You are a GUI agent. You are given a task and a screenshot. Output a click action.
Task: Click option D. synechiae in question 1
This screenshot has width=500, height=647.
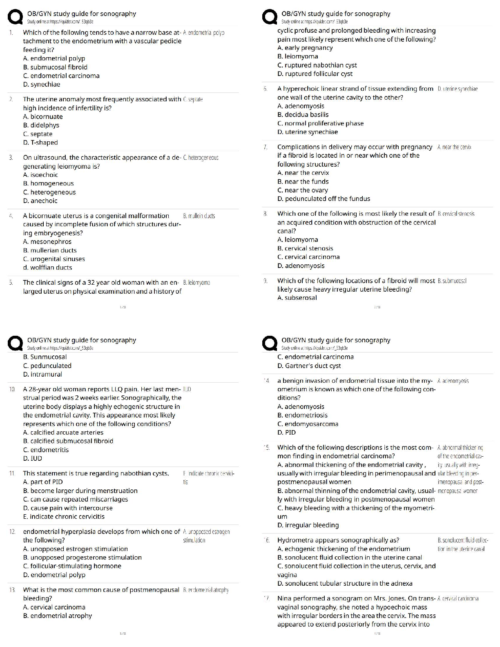coord(42,85)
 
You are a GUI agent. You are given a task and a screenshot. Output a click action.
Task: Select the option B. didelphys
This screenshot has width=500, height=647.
coord(41,125)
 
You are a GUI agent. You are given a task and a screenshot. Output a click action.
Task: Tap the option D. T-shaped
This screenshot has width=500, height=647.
coord(40,143)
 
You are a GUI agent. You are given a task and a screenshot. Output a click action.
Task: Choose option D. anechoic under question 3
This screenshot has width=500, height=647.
coord(40,201)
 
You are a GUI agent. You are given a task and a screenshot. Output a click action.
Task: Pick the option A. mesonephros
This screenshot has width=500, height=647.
coord(47,242)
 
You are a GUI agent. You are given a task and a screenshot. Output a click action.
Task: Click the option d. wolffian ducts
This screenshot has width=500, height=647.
coord(48,268)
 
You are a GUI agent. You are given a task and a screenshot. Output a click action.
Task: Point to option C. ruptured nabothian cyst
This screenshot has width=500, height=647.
coord(317,65)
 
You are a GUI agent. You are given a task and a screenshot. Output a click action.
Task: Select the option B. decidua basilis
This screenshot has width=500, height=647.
coord(303,115)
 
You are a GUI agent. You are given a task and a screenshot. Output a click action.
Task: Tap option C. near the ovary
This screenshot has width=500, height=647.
coord(302,190)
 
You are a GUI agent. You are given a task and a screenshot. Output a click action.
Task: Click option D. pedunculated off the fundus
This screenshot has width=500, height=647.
coord(324,199)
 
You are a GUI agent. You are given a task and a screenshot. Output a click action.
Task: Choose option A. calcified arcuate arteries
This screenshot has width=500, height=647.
coord(63,433)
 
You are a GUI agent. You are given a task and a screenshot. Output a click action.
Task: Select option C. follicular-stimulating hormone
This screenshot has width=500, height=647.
coord(72,566)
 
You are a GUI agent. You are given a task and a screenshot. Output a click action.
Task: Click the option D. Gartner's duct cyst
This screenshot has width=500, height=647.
coord(309,366)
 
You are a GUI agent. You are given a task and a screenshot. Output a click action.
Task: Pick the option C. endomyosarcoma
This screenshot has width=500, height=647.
coord(308,424)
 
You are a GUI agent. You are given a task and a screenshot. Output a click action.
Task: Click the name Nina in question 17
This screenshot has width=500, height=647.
coord(284,598)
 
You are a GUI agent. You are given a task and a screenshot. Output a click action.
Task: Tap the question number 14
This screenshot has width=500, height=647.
coord(267,381)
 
